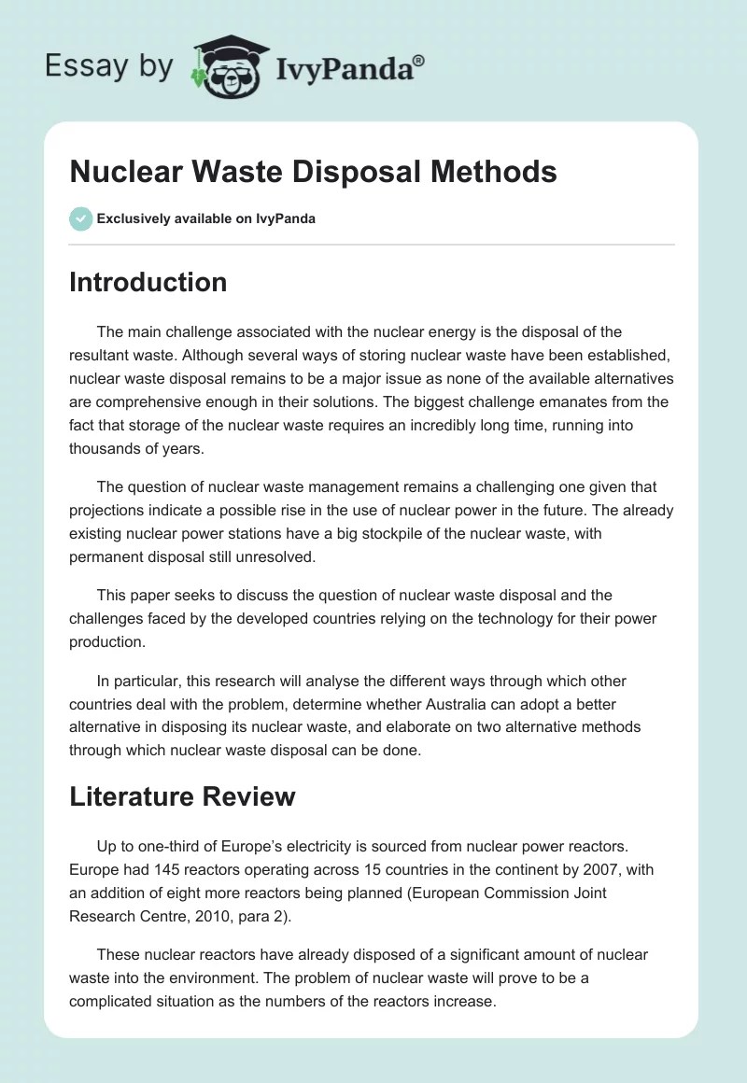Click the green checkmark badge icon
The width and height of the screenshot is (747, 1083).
pyautogui.click(x=80, y=218)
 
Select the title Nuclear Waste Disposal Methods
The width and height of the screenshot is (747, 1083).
pyautogui.click(x=313, y=172)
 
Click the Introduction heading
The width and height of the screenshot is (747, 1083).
pyautogui.click(x=148, y=282)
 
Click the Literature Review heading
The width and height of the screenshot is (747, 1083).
pyautogui.click(x=182, y=795)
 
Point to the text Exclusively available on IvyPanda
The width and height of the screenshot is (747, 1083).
pyautogui.click(x=205, y=218)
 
